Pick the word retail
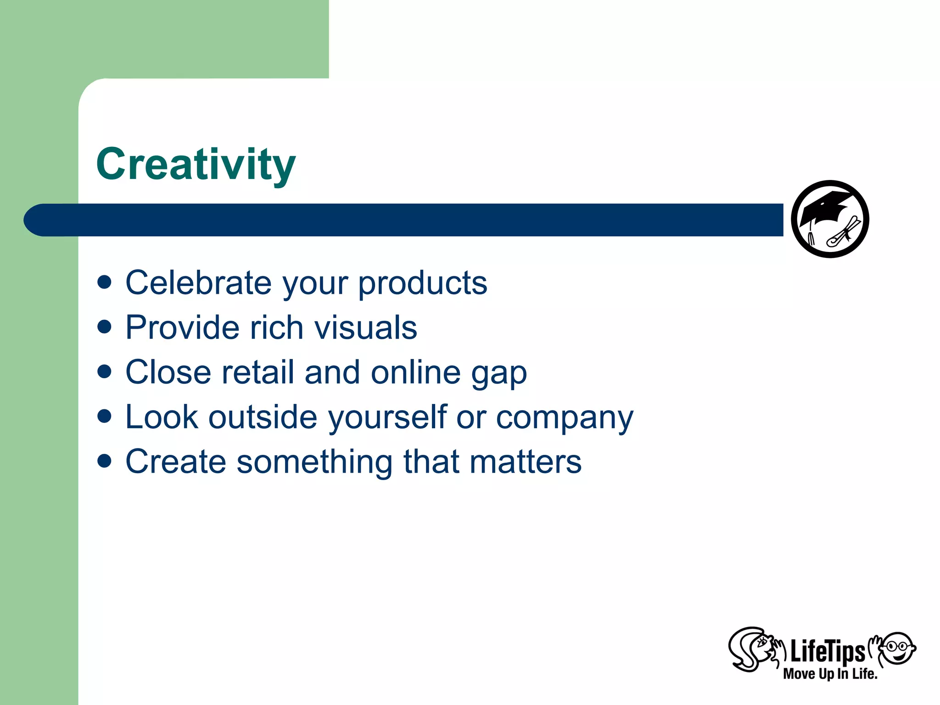(257, 372)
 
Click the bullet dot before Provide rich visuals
(105, 326)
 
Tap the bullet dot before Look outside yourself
(105, 416)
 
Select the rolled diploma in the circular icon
(844, 233)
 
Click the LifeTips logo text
(827, 652)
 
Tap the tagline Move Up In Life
(830, 674)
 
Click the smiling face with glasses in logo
(898, 648)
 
